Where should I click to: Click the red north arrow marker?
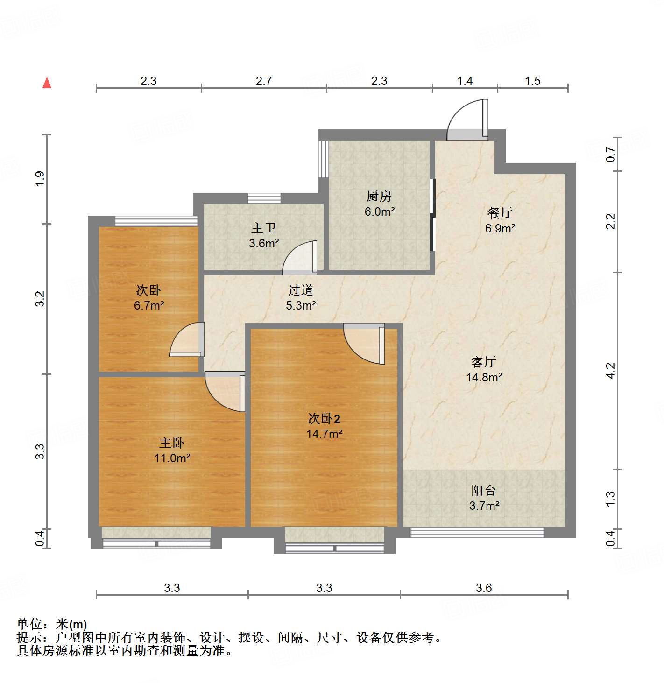47,83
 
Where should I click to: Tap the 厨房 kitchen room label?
379,196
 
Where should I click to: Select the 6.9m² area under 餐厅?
500,228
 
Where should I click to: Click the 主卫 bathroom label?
264,228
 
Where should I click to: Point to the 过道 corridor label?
300,290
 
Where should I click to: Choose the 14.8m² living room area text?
484,377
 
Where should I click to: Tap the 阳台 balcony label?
483,490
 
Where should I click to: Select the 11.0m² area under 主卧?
172,458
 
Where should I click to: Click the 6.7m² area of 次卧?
148,306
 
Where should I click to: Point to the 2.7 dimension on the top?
263,81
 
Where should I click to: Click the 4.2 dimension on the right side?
610,371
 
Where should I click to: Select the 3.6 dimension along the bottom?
484,588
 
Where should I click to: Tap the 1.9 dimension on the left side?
40,179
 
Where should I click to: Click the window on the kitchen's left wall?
323,159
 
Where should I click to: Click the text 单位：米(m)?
52,624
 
